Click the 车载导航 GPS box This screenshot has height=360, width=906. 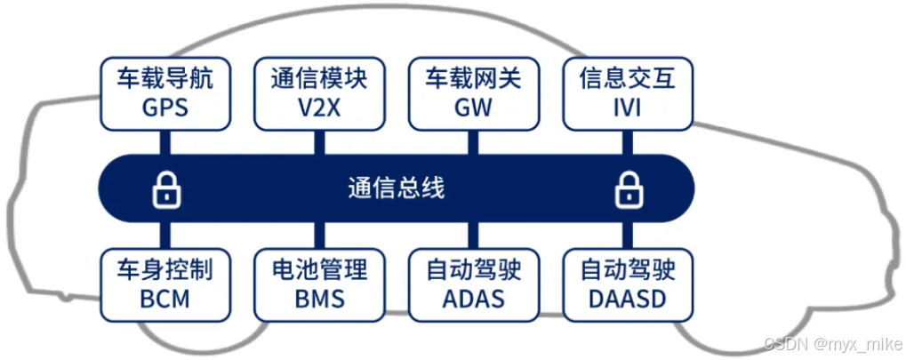click(165, 92)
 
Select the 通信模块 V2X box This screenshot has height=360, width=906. click(318, 92)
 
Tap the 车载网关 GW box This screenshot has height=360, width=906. click(473, 92)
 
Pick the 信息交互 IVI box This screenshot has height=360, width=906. click(627, 92)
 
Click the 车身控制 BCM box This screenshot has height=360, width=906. click(165, 284)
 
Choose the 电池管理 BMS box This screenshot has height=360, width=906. click(318, 284)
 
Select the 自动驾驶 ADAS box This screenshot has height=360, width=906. click(473, 284)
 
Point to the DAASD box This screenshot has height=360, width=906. click(627, 284)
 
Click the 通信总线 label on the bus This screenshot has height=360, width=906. click(396, 188)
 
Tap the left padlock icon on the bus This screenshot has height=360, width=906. click(165, 188)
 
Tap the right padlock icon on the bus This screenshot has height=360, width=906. click(628, 188)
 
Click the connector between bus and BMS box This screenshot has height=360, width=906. click(318, 236)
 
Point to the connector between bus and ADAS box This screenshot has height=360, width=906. click(473, 236)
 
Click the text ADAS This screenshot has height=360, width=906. click(473, 299)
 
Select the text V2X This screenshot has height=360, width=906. click(318, 108)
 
